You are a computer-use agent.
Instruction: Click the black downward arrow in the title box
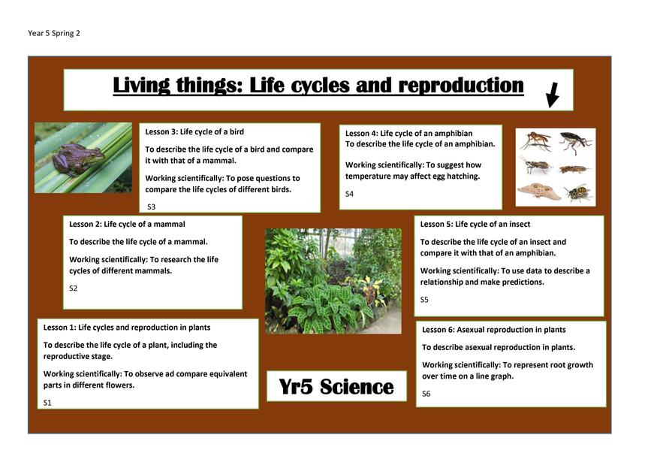553,95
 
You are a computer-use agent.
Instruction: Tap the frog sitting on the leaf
78,159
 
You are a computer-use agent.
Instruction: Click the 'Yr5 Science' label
336,386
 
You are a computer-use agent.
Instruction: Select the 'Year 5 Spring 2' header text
53,33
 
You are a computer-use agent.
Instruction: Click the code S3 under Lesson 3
151,207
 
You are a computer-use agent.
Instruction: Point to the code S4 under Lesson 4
349,194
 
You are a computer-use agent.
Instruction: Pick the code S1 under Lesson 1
47,403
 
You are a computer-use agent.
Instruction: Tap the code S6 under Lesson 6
426,394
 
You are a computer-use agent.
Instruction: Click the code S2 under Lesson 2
74,288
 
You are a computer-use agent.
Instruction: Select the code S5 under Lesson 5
424,300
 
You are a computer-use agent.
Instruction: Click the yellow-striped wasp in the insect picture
577,192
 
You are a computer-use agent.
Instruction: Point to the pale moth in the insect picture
538,192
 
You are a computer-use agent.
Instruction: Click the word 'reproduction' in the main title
461,86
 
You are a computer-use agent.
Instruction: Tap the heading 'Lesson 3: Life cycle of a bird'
194,131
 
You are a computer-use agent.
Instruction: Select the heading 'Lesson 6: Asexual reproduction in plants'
493,330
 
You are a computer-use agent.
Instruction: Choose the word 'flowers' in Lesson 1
120,385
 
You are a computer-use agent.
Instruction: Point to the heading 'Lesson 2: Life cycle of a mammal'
127,224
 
